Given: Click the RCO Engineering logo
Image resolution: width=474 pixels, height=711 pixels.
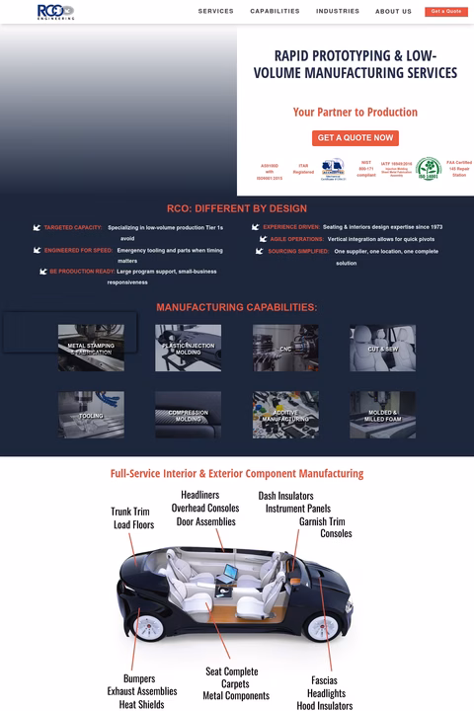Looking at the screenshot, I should point(55,11).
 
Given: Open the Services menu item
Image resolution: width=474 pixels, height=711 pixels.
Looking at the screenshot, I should point(215,12).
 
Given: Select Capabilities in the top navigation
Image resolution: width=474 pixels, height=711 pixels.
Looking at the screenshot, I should point(275,12).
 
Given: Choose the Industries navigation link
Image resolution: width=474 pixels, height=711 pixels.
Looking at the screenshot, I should point(338,12).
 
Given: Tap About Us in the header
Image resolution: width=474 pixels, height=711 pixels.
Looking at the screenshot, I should point(393,12).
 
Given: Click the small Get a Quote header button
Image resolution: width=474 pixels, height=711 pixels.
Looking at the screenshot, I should point(446,12).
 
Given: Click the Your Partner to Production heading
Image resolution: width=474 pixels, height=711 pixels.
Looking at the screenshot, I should point(355,113).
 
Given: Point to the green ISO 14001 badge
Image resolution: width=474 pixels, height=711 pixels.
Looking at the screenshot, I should point(428,169).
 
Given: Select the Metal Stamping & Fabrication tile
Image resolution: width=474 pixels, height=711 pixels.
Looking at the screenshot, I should point(91,348).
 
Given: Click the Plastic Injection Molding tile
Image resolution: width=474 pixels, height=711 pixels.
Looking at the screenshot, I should point(188,348).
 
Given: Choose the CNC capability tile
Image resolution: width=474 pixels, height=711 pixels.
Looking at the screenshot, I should point(285,348).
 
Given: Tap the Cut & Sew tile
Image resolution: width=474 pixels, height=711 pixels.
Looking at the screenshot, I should point(382,348).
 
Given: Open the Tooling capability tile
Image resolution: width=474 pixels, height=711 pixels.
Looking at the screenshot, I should point(91,415).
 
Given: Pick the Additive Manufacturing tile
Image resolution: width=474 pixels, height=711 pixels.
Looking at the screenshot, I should point(285,415).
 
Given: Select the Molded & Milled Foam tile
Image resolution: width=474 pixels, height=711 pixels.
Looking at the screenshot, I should point(382,415).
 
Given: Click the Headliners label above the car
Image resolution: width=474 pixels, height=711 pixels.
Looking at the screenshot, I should point(206,495).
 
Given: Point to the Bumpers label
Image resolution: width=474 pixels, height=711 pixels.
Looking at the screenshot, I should point(139,678).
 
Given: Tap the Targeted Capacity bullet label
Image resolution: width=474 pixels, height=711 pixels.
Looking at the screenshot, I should point(73,228).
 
